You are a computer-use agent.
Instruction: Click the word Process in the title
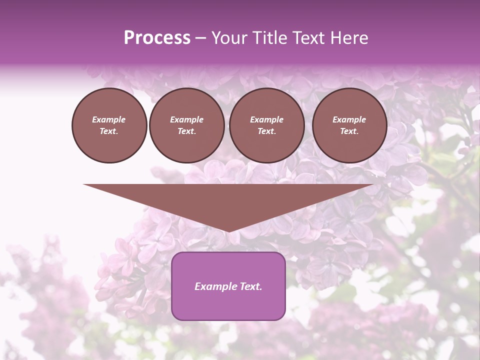157,38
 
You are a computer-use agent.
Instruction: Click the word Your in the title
228,38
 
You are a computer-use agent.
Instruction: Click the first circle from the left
109,125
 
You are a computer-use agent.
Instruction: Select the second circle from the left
187,125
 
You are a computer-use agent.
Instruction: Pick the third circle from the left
267,125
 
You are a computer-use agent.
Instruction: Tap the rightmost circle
349,125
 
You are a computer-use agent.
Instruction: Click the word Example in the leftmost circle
109,119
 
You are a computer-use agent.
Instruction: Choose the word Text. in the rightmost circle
349,131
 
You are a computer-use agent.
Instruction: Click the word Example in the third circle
266,119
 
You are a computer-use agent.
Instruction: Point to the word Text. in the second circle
187,131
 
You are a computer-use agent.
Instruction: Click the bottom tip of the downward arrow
228,230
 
